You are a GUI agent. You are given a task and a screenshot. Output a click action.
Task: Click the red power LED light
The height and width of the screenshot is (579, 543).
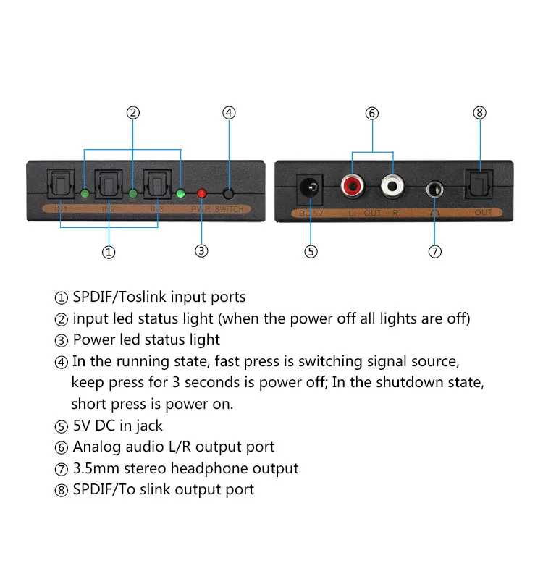[202, 193]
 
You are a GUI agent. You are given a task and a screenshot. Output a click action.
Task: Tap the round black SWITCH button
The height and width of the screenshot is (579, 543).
[229, 193]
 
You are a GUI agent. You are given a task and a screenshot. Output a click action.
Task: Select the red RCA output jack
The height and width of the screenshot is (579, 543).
[352, 187]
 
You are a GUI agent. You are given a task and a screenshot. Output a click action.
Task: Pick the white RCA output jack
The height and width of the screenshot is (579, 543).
[392, 187]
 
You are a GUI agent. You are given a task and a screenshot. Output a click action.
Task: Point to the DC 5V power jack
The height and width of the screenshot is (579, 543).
[311, 190]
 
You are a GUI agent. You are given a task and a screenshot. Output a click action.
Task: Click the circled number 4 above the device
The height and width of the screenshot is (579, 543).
[229, 113]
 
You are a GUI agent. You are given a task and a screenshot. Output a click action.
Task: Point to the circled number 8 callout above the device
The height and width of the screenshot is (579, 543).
[479, 113]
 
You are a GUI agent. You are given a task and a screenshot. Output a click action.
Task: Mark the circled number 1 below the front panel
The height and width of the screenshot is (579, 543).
[109, 252]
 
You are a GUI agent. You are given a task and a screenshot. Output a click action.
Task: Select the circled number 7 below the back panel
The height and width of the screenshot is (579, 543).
[434, 252]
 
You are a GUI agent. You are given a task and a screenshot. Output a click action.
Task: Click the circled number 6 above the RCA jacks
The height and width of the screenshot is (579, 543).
[372, 113]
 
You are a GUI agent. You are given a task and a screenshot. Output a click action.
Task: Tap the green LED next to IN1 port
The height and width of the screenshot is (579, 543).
[85, 193]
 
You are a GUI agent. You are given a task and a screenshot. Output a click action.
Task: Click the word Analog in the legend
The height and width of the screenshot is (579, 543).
[98, 447]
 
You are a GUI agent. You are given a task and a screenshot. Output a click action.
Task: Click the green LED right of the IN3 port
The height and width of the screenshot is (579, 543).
[181, 193]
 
